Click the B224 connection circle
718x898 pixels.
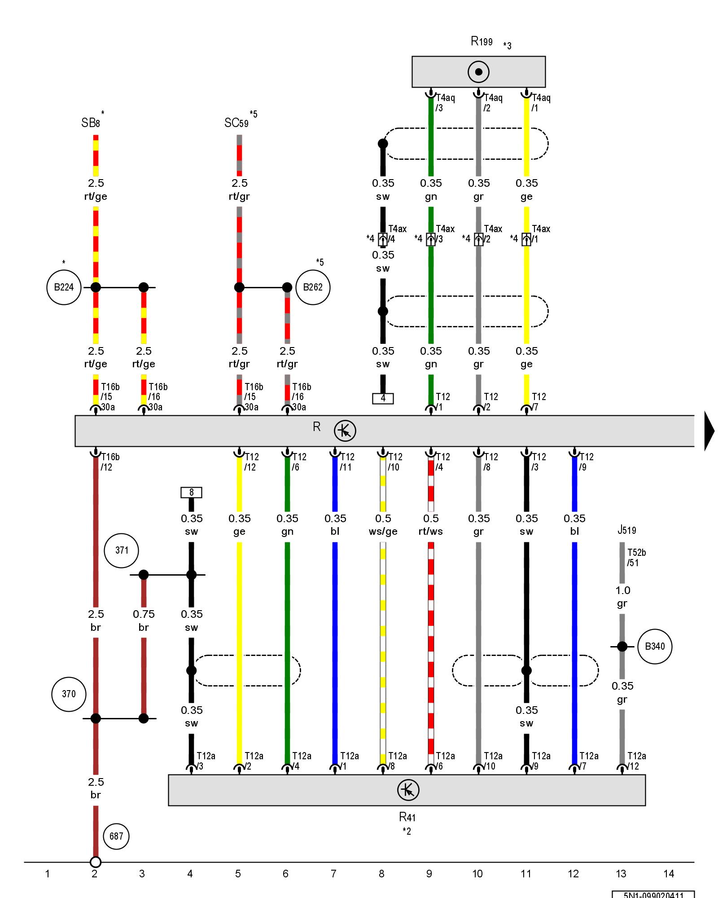point(64,287)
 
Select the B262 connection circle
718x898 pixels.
point(313,287)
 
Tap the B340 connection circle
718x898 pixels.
point(655,647)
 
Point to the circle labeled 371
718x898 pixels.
point(121,550)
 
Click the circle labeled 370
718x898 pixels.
point(69,694)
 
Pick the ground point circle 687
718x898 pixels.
point(116,836)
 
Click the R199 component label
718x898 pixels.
point(482,42)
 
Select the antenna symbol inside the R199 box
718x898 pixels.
point(478,72)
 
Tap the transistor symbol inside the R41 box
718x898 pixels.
point(408,790)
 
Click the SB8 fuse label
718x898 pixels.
point(91,123)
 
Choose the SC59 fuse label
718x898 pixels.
point(236,123)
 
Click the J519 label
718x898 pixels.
point(626,530)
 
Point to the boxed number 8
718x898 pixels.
point(191,493)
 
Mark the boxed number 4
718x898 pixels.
point(383,398)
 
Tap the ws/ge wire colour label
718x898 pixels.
point(383,532)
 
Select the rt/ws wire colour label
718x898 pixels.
point(430,532)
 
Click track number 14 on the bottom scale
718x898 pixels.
point(669,874)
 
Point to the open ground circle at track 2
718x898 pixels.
point(96,862)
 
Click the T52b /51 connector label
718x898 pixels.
point(636,558)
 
